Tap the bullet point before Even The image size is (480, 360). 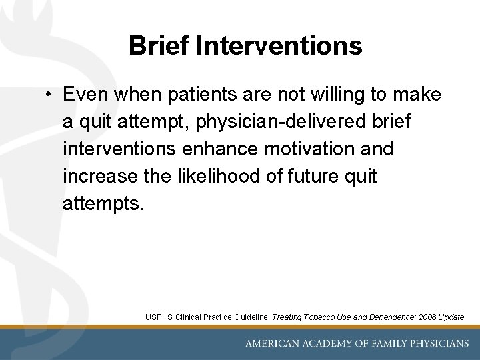[50, 95]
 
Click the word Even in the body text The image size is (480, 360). [86, 95]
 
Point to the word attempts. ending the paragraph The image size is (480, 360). [103, 203]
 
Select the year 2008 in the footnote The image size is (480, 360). [418, 317]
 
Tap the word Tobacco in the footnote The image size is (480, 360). [319, 317]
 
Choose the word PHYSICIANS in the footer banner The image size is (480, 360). [436, 344]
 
